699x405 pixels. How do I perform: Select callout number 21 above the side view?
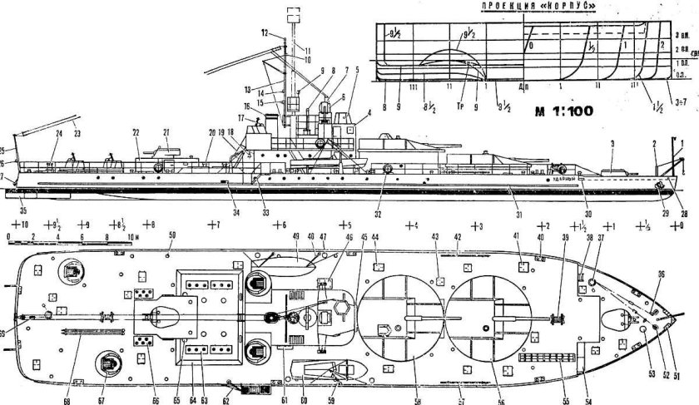tap(166, 132)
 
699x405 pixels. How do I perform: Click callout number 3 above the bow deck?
tap(612, 144)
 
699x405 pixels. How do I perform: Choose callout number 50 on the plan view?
tap(172, 236)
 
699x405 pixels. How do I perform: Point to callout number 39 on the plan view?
tap(565, 237)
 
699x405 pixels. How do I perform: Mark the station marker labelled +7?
tap(212, 225)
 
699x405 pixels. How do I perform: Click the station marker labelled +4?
tap(410, 225)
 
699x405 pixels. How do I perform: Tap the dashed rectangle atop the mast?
tap(291, 13)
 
